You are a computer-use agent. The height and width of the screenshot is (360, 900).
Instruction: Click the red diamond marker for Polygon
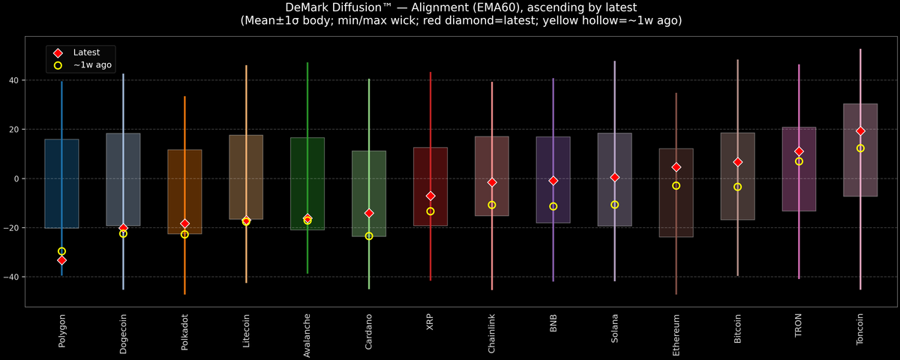tap(61, 260)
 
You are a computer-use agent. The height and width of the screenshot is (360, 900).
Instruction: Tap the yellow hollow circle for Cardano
tap(369, 236)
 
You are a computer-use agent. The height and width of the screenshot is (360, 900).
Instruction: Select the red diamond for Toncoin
tap(860, 131)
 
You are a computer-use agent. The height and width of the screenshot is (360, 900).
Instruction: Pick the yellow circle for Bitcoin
tap(737, 187)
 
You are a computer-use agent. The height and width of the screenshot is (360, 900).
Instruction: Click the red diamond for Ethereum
tap(676, 167)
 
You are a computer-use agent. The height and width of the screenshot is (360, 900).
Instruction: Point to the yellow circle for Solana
tap(614, 205)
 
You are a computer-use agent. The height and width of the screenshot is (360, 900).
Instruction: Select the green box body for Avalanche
tap(307, 172)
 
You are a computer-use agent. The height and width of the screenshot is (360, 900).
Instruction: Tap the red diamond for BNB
tap(553, 181)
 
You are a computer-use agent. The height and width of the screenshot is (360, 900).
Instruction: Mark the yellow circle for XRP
tap(430, 211)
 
